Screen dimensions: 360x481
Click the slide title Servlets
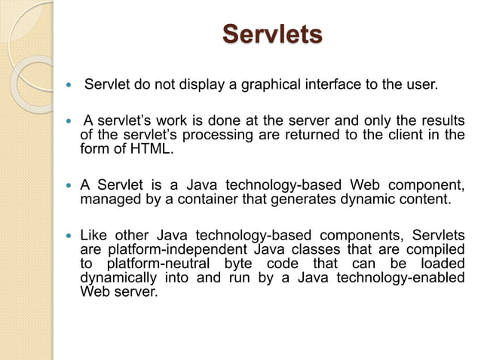pyautogui.click(x=273, y=35)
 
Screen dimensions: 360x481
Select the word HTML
pyautogui.click(x=151, y=149)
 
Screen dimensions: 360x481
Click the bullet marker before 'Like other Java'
pyautogui.click(x=69, y=234)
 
